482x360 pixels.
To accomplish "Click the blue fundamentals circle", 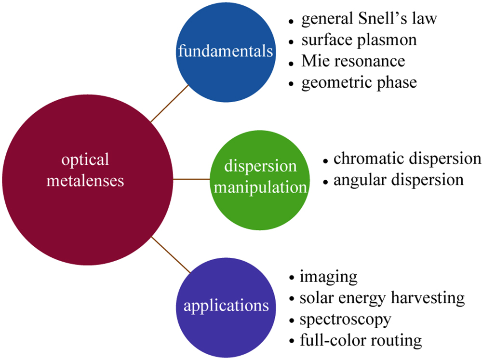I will (x=225, y=51).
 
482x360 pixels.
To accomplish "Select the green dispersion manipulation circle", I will (x=261, y=178).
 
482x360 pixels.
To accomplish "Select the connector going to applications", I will (x=170, y=253).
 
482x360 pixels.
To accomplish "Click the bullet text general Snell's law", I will (x=369, y=19).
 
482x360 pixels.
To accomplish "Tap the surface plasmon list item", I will (x=359, y=40).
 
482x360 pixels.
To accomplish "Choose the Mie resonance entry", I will (x=353, y=61).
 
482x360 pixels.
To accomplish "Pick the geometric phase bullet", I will (x=359, y=82).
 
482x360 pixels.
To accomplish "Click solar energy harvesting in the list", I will (x=382, y=298).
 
